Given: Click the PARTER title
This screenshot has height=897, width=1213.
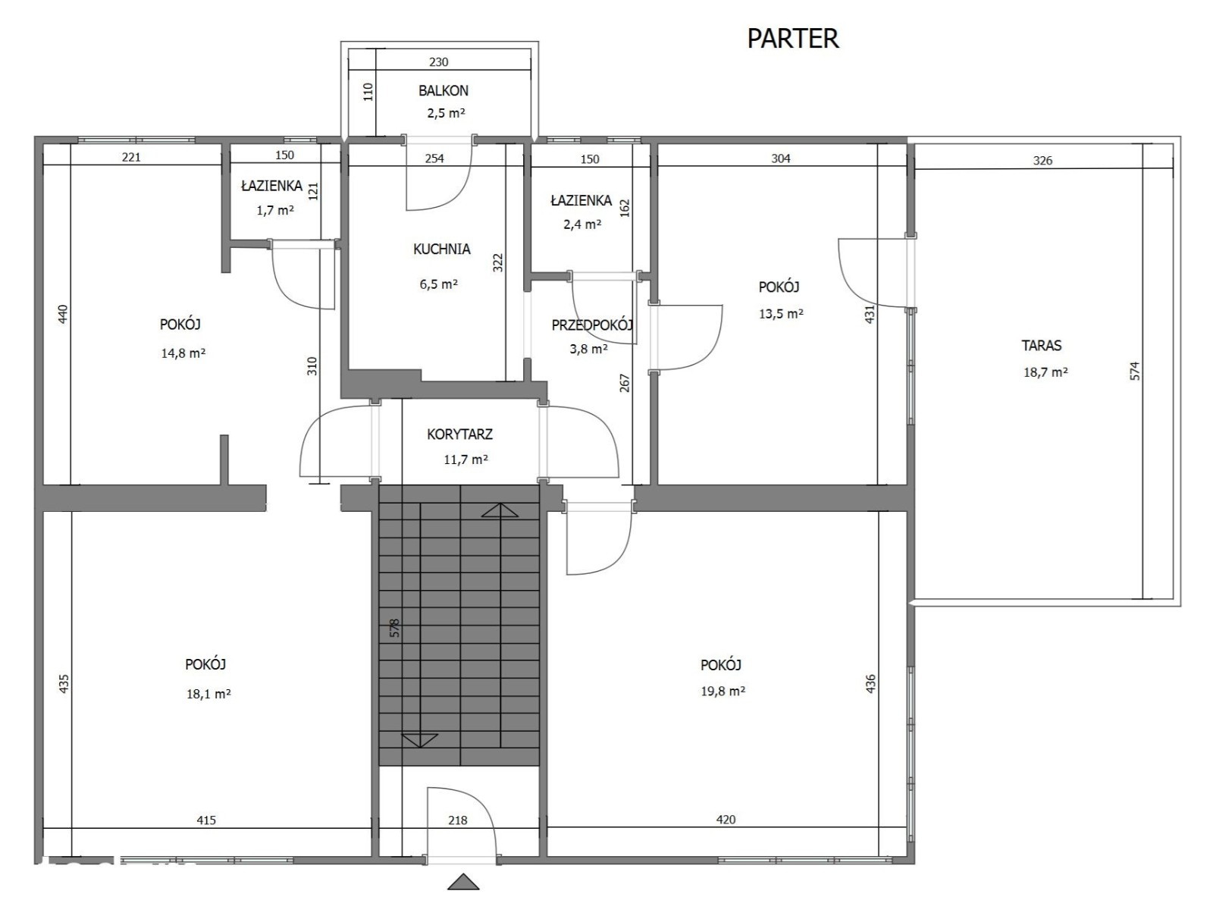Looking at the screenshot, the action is (792, 38).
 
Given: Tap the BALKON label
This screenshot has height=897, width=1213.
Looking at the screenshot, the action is (443, 91).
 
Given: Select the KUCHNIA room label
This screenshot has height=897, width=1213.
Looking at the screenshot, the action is (441, 249).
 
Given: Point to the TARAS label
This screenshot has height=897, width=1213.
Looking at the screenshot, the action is (1041, 346).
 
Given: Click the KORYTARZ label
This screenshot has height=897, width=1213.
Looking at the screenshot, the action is (459, 434).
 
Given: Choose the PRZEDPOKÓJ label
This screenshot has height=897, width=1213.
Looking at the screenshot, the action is (592, 325).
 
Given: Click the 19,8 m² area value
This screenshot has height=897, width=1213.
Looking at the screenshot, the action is (723, 691).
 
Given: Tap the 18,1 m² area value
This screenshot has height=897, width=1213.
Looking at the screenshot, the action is (208, 694).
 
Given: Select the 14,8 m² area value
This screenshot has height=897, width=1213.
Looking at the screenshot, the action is (183, 353).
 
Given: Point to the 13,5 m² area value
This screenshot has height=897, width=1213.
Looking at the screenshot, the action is (781, 314).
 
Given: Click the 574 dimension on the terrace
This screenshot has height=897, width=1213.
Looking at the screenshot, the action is (1136, 371).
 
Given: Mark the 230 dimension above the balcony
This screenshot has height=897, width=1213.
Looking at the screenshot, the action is (439, 62).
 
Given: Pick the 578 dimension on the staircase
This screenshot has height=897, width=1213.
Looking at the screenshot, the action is (395, 628).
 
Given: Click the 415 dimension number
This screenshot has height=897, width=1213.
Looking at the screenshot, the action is (206, 820).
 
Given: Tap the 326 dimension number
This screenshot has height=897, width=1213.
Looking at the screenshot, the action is (1042, 161).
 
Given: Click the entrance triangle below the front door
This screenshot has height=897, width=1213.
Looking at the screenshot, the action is (463, 882).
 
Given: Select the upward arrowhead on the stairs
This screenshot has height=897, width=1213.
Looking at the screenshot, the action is (500, 510).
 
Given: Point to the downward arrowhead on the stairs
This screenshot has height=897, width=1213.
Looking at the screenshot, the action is (419, 741).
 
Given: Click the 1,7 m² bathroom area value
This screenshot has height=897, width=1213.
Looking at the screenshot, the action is (276, 210).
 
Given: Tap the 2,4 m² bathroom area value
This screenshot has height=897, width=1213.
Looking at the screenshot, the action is (583, 224).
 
